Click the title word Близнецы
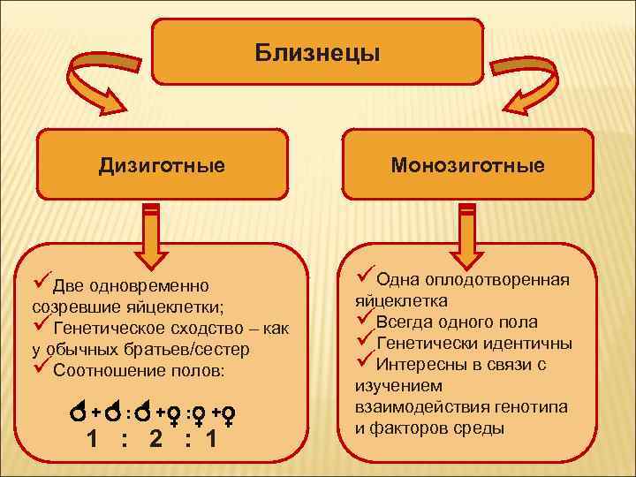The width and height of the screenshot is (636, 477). [x=318, y=54]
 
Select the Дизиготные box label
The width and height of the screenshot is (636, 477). [x=161, y=165]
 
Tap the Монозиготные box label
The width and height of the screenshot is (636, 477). [x=468, y=165]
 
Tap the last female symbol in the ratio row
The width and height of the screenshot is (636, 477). [x=228, y=413]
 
